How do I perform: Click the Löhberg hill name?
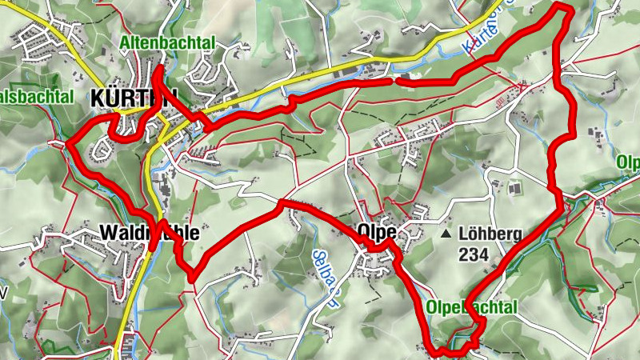tap(490, 235)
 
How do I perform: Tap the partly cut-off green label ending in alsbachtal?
tap(37, 97)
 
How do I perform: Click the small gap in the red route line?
tap(394, 80)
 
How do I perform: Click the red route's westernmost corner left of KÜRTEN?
tap(66, 144)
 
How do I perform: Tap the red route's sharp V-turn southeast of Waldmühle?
tap(193, 277)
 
